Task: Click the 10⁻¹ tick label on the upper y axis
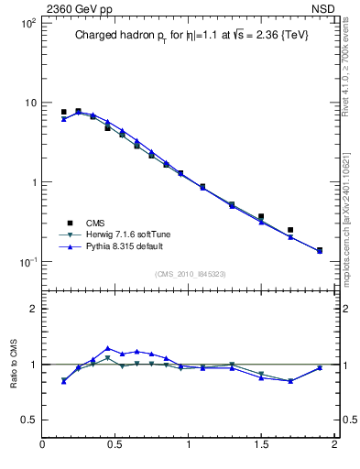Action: click(x=27, y=262)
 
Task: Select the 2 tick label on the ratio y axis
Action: click(x=32, y=309)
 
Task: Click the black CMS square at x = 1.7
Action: click(x=290, y=230)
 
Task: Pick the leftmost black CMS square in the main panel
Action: click(x=63, y=112)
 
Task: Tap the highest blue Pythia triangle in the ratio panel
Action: click(x=108, y=348)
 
